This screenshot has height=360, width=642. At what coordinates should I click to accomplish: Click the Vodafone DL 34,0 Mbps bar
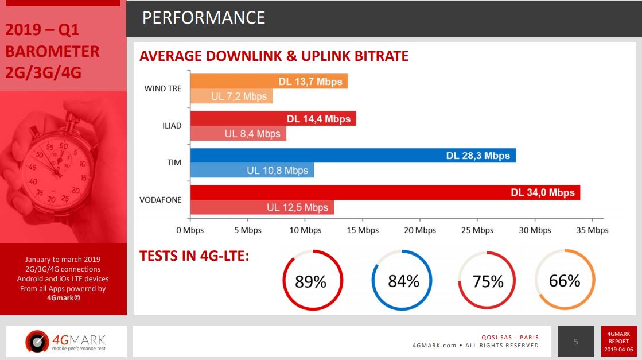385,193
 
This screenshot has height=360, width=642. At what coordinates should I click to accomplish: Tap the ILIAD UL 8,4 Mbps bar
238,134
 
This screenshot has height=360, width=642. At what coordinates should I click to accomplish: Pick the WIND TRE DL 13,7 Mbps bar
269,82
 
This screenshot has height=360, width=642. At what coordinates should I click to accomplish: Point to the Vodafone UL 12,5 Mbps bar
262,207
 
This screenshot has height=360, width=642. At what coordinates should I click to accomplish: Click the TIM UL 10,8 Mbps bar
252,171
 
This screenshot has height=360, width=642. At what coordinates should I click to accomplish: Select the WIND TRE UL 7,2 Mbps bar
231,96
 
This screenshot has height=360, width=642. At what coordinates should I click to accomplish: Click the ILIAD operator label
172,126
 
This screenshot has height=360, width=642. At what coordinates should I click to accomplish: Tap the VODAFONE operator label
161,200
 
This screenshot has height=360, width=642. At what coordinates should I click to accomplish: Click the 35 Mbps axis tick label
592,230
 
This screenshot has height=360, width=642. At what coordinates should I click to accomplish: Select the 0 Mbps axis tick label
190,230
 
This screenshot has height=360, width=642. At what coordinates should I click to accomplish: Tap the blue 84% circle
403,281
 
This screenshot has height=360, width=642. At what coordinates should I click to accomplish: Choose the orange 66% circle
565,281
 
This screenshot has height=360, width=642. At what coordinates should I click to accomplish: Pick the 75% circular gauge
488,281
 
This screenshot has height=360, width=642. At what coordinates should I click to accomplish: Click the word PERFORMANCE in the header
204,18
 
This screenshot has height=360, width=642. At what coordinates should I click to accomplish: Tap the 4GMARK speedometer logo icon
36,342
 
